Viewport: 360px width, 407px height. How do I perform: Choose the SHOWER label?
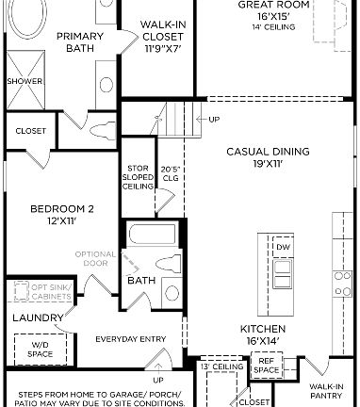(25, 82)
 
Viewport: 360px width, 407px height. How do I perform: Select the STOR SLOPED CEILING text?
(138, 178)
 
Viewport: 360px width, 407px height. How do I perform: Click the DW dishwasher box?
(283, 247)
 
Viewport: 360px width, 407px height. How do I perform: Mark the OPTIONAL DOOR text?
(95, 260)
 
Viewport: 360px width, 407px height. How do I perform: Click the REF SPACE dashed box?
(266, 366)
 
